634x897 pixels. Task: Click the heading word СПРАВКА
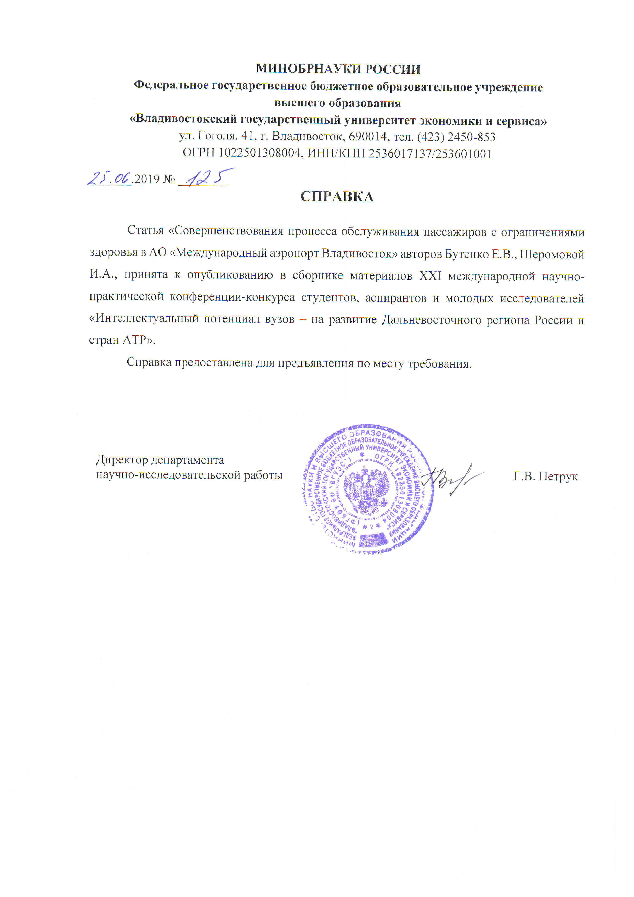coord(336,196)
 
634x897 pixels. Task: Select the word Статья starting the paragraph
coord(145,230)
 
